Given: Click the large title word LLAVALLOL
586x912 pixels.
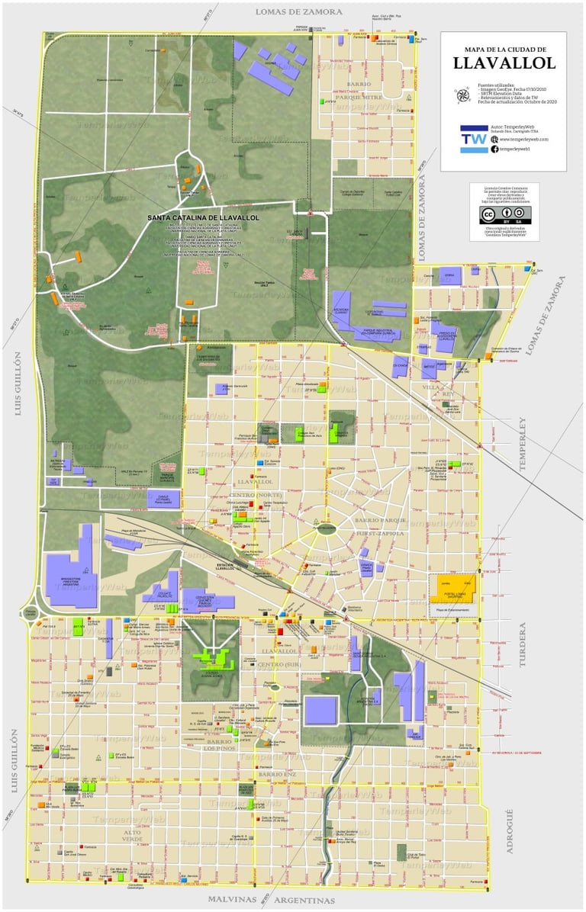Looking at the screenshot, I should pyautogui.click(x=504, y=63).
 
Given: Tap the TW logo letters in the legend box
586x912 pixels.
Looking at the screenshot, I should pyautogui.click(x=474, y=139).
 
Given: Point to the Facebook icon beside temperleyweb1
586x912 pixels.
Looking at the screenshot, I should pyautogui.click(x=494, y=149).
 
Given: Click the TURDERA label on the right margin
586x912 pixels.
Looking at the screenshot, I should pyautogui.click(x=524, y=644).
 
